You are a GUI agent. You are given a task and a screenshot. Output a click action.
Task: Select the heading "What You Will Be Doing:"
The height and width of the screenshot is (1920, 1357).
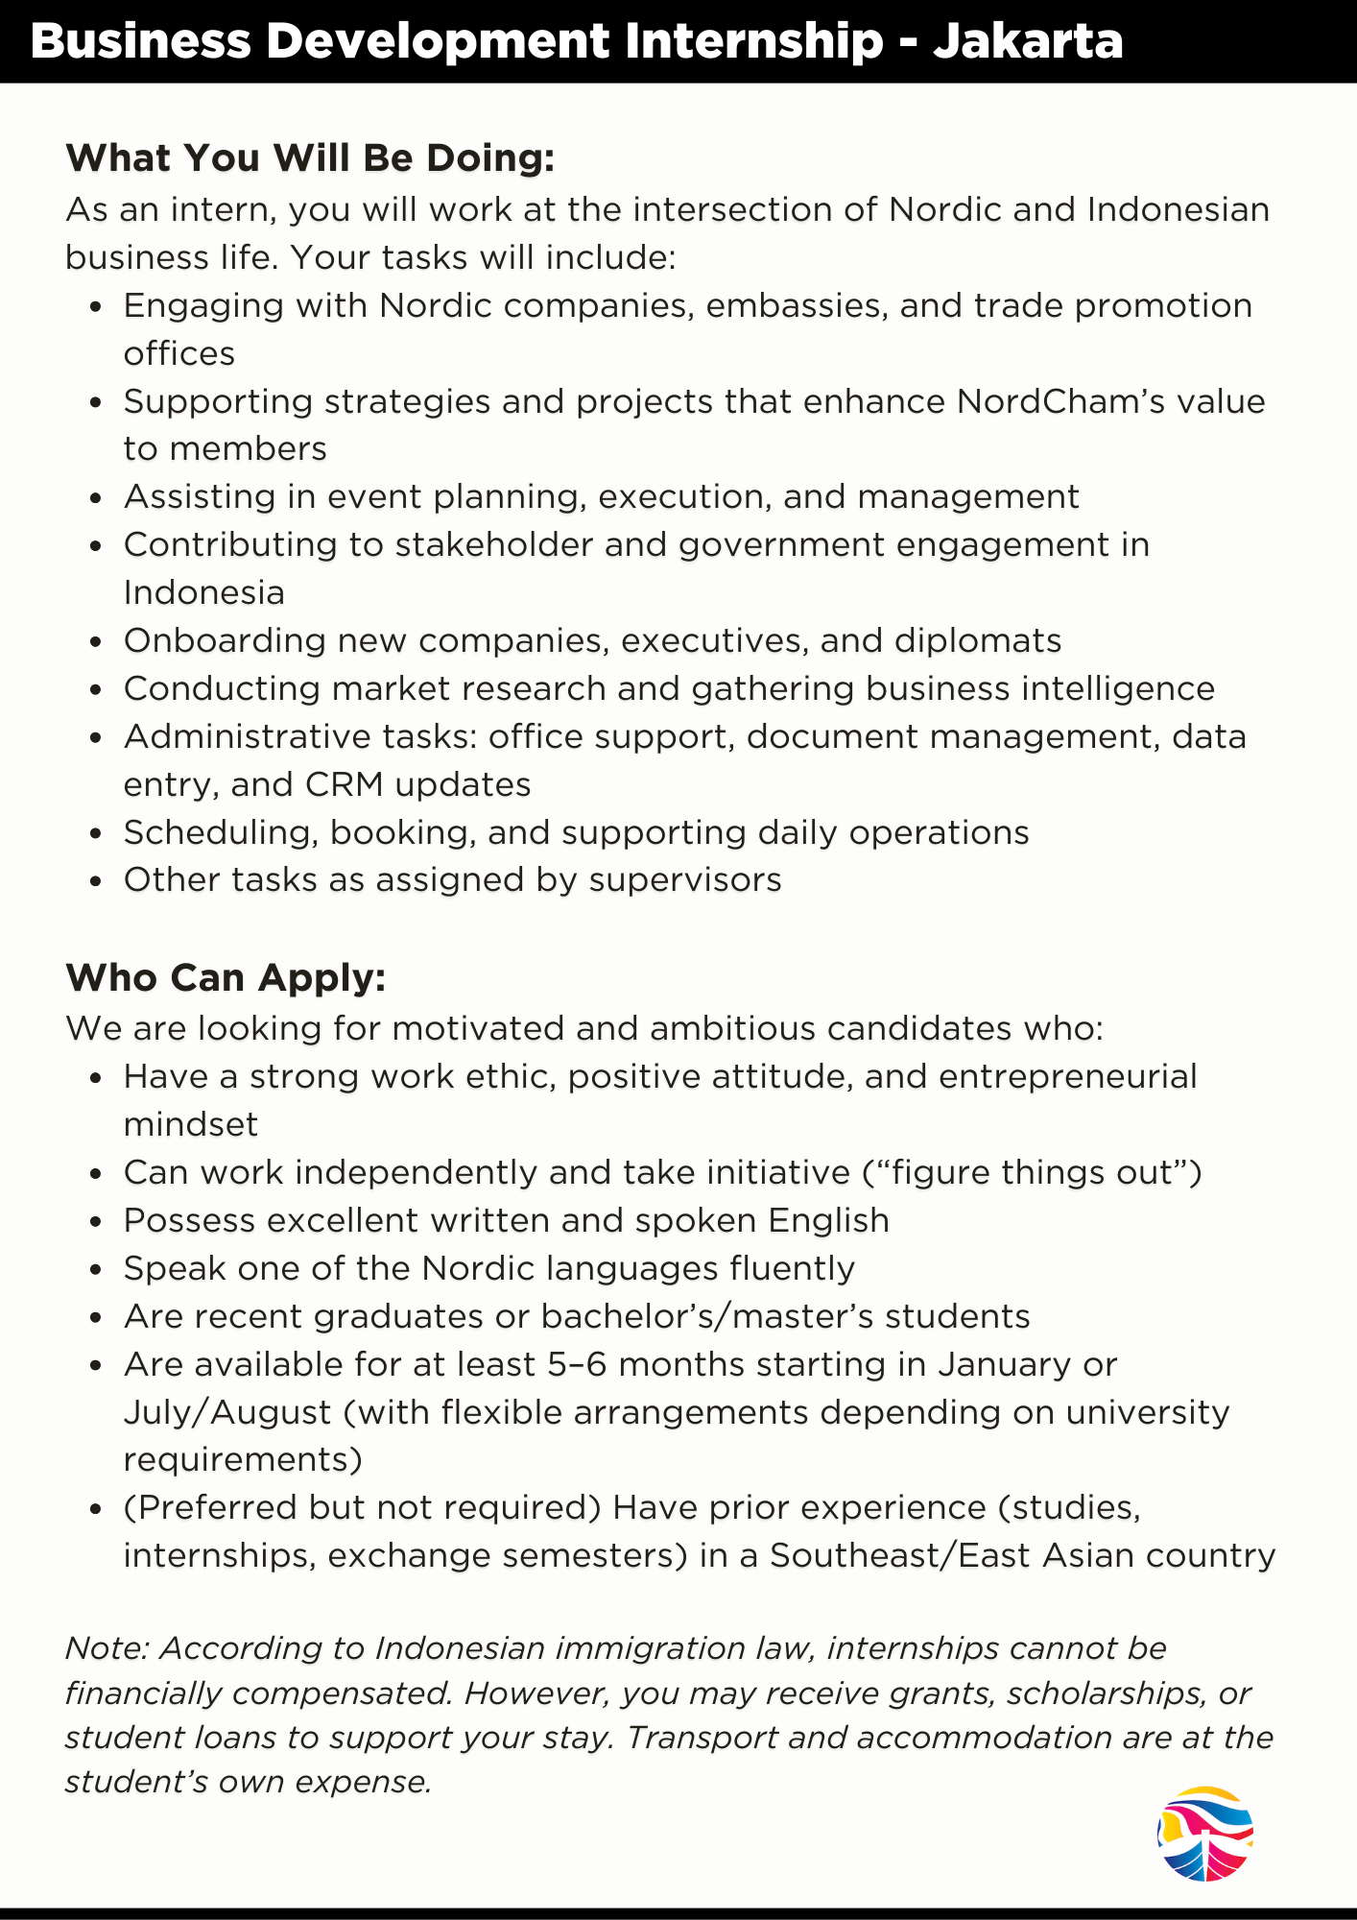(310, 158)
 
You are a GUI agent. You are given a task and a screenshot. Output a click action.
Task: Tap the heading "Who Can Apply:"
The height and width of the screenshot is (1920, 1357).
(226, 977)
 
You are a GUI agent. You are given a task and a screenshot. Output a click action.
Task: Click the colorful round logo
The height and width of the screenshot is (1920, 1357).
(1205, 1834)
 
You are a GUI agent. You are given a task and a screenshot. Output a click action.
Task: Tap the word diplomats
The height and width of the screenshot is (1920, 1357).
(978, 640)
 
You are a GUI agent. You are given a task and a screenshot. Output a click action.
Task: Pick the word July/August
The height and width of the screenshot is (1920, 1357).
(227, 1412)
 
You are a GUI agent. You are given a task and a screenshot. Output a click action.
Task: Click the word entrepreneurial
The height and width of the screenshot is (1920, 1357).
(1067, 1076)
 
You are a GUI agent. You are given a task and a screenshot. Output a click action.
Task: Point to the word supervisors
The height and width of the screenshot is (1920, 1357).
(685, 879)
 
